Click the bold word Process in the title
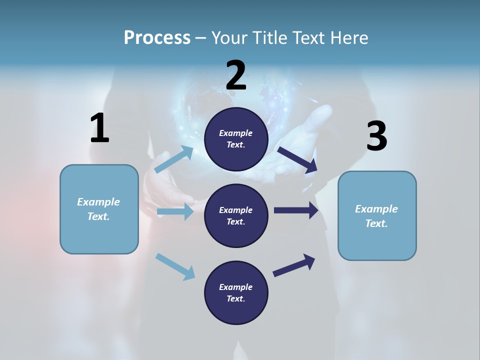tap(157, 38)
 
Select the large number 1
tap(99, 128)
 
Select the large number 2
tap(236, 76)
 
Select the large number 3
tap(376, 137)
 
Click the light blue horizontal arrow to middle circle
tap(175, 212)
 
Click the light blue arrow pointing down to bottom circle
tap(175, 266)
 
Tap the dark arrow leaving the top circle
tap(297, 160)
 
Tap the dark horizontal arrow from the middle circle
tap(296, 210)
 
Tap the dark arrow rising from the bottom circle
tap(294, 265)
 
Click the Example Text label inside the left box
tap(98, 209)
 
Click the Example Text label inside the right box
tap(376, 216)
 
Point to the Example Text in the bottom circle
tap(235, 292)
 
